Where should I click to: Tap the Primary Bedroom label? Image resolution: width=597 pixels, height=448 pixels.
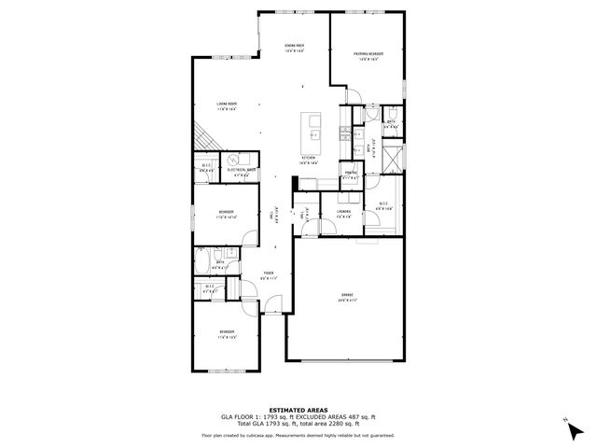pos(368,54)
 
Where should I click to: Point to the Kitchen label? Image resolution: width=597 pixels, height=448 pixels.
pos(309,161)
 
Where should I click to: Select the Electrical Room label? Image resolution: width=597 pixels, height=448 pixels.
pos(245,169)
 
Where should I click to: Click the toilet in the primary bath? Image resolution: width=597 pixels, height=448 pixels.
pos(394,115)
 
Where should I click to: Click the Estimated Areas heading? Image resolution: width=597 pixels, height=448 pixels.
pos(298,410)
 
